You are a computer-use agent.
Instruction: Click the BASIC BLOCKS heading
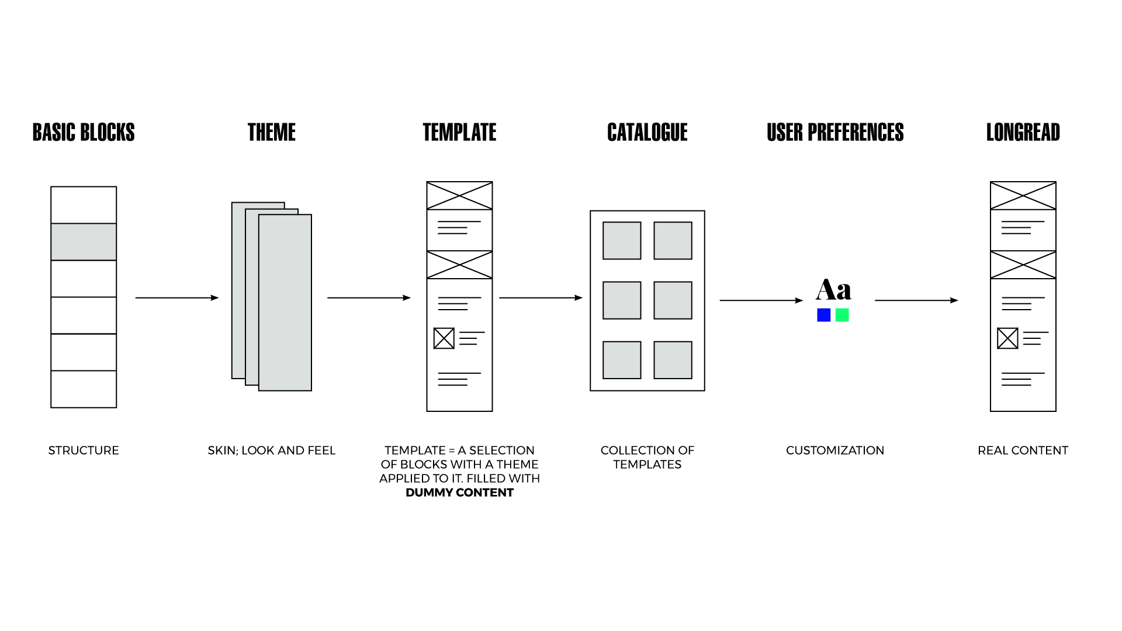(x=84, y=133)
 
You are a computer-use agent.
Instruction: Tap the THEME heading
(x=271, y=133)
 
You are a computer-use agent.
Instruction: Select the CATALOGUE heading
(x=647, y=133)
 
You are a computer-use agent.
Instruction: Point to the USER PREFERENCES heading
(x=835, y=133)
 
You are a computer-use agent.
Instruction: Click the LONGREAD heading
(x=1023, y=133)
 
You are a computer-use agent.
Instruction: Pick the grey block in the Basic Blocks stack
(x=84, y=242)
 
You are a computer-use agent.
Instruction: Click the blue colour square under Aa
(x=824, y=315)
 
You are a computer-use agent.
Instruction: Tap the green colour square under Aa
(x=842, y=315)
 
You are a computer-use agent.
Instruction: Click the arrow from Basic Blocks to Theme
(x=176, y=298)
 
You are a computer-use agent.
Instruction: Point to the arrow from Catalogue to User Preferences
(x=761, y=300)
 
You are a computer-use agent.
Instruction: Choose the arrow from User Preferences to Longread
(x=916, y=300)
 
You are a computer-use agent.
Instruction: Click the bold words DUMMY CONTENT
(x=459, y=493)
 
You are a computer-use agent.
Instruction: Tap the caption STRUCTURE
(x=84, y=450)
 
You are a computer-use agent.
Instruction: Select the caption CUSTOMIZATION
(x=835, y=450)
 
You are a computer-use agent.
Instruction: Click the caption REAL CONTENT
(x=1023, y=450)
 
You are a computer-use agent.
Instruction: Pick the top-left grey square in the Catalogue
(x=622, y=240)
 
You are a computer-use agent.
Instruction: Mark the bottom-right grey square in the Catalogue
(x=673, y=360)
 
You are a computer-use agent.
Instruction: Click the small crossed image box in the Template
(x=444, y=338)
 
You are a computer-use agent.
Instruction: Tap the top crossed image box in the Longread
(x=1023, y=196)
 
